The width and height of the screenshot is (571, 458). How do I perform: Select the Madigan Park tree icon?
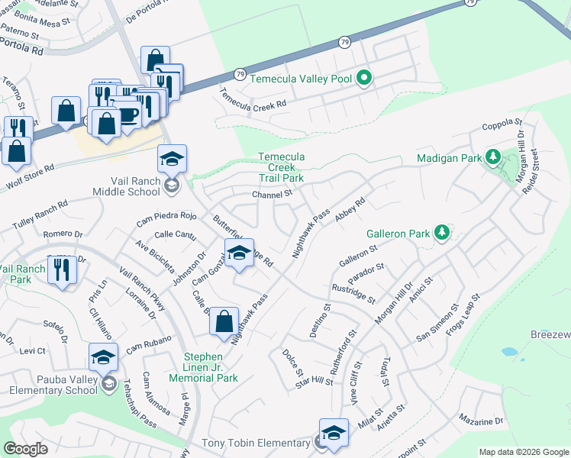493,158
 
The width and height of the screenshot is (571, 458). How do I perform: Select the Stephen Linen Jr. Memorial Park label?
213,367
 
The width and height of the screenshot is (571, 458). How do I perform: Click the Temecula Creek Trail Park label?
281,167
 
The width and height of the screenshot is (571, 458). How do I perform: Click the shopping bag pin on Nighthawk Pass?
224,321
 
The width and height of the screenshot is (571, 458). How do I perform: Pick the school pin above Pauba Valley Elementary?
103,356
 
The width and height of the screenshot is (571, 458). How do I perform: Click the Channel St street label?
273,195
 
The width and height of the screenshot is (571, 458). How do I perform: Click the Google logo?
25,449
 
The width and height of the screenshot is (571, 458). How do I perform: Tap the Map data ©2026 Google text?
524,452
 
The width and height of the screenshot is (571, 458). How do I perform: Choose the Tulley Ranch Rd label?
40,215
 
